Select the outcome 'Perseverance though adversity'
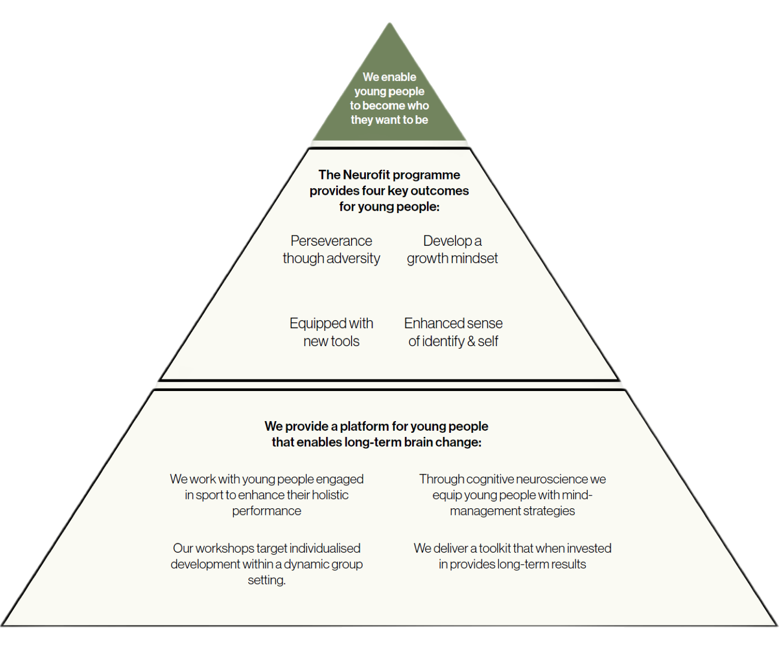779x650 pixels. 331,249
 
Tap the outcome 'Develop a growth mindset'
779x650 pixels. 452,249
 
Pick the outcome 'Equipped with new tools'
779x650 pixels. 331,332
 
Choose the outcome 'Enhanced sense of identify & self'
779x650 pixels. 453,332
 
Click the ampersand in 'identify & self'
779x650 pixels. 471,341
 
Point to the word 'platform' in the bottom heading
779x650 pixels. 362,426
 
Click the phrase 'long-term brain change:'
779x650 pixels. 413,442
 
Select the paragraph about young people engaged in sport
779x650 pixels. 266,495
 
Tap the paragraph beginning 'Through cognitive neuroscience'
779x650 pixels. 512,495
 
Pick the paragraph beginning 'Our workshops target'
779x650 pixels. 266,564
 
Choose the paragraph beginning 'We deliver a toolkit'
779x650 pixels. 512,556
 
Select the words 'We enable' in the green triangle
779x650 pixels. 389,77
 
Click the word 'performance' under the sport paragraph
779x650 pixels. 266,511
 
